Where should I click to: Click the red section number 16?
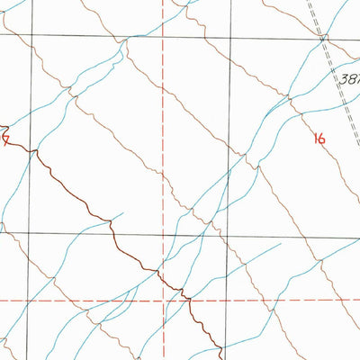(319, 138)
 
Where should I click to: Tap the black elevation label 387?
(350, 78)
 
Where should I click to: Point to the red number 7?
(5, 139)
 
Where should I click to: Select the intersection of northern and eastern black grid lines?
(225, 37)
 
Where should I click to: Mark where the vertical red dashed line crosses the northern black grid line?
(164, 37)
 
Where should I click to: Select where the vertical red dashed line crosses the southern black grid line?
(164, 233)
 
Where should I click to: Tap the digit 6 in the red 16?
(322, 138)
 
